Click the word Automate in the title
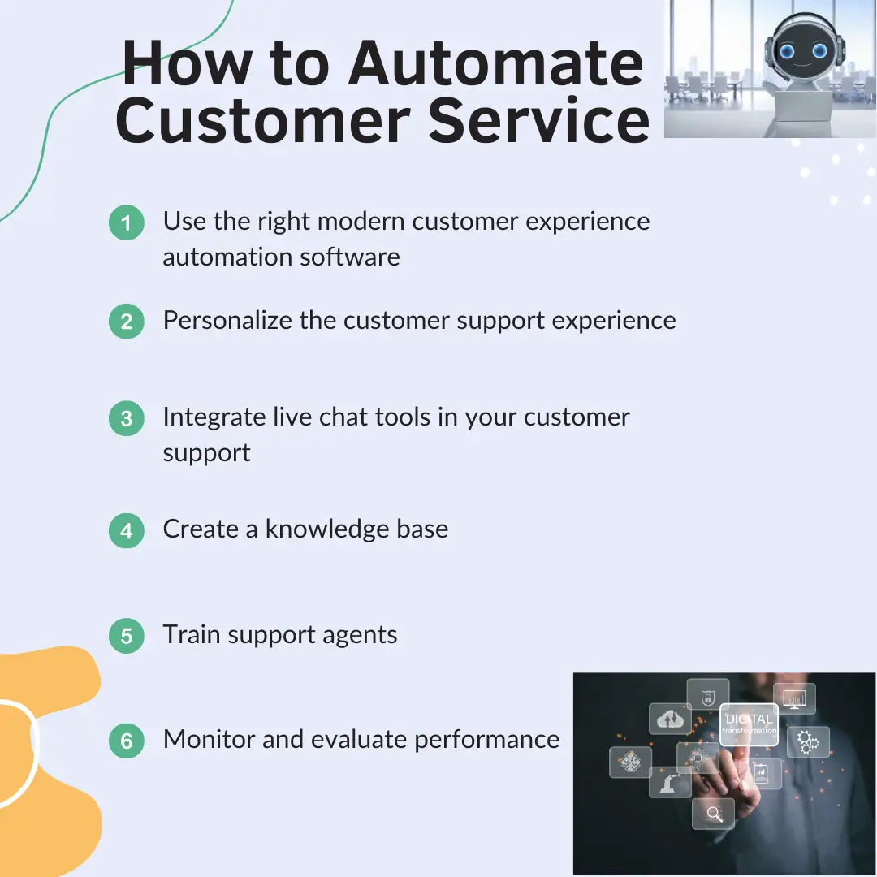pos(495,63)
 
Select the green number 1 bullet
pos(127,222)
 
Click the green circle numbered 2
pos(127,321)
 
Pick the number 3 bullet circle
pos(127,418)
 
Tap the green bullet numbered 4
pos(127,530)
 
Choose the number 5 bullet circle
pos(127,635)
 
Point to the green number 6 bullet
pos(127,741)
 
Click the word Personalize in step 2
pos(227,321)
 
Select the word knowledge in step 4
pos(326,529)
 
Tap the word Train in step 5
pos(191,634)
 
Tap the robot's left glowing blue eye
pos(788,52)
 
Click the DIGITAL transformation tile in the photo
pos(749,724)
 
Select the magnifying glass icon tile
pos(713,813)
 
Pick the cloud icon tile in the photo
pos(670,718)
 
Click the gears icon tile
pos(808,741)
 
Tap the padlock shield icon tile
pos(707,695)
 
